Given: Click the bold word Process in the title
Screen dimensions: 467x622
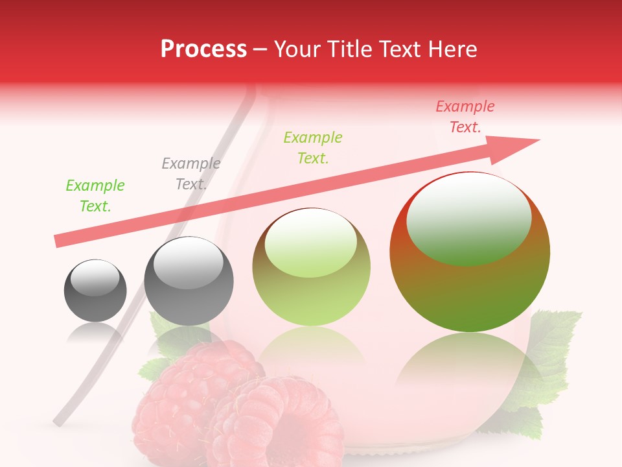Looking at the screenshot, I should (203, 49).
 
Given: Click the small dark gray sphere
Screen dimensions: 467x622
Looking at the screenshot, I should (95, 291).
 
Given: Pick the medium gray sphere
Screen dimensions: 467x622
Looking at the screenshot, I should (189, 281).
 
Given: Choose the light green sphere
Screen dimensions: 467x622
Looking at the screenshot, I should (311, 267).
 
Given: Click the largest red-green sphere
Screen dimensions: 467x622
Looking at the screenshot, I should (470, 252).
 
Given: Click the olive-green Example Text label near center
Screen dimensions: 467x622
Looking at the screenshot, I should (313, 147).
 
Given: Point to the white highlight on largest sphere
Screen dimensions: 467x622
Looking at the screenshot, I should (468, 217).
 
